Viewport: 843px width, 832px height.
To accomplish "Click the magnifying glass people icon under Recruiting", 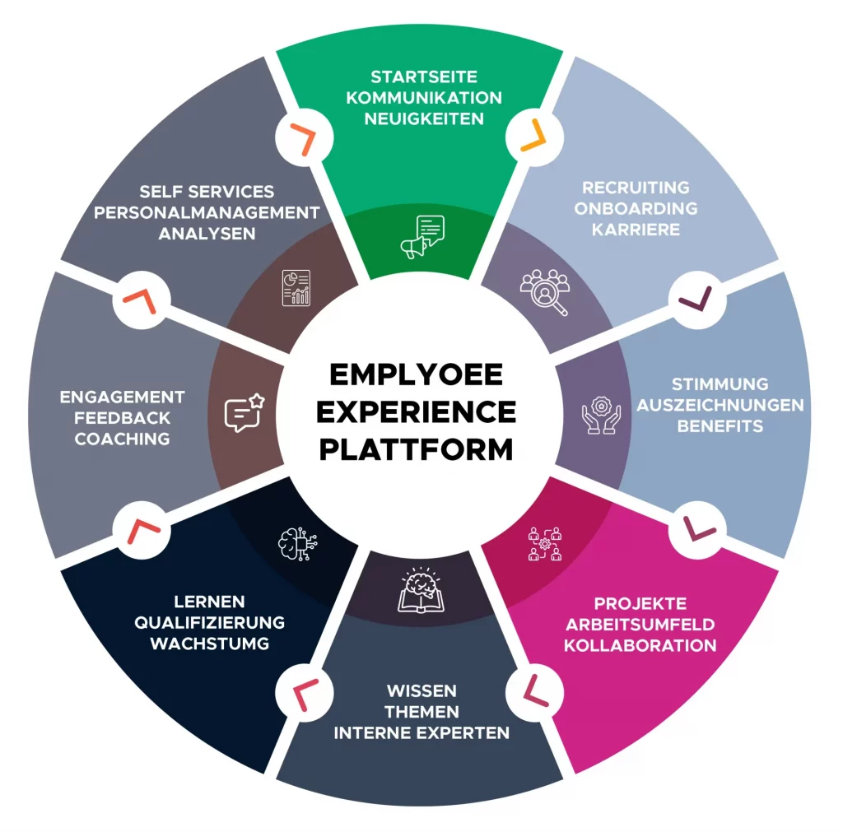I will (x=544, y=291).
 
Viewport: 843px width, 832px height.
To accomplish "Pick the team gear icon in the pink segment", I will (x=545, y=542).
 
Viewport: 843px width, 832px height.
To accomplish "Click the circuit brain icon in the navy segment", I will (x=296, y=542).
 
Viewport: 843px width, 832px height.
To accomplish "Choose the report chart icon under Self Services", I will (x=296, y=287).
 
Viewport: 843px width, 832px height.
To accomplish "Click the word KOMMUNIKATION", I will (x=424, y=98).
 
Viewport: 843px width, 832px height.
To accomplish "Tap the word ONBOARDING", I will (x=636, y=208).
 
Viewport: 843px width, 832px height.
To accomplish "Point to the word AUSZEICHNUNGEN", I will (x=720, y=405).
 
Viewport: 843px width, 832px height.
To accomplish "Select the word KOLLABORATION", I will (x=640, y=644).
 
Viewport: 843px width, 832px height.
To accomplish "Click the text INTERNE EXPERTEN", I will (x=421, y=732).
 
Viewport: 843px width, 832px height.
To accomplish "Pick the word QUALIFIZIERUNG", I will (x=210, y=622).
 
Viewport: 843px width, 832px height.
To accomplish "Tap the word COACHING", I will (x=123, y=439).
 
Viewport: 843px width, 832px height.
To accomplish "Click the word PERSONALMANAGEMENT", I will (x=207, y=212).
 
